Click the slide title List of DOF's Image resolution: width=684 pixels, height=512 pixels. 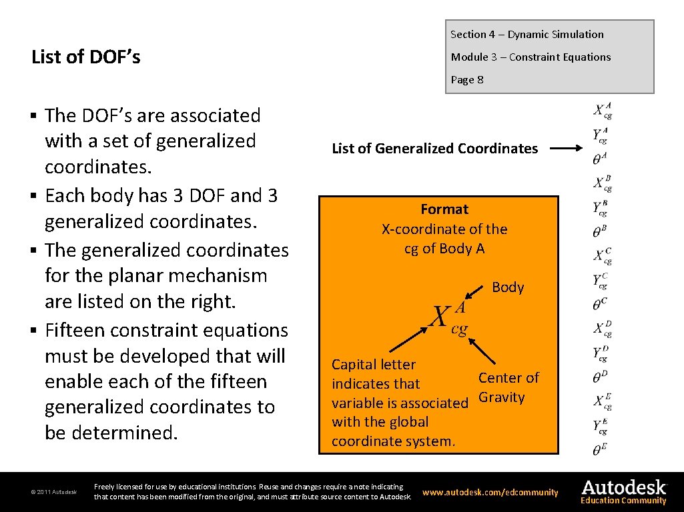pos(86,57)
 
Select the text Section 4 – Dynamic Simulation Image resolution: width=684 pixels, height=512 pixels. pos(527,35)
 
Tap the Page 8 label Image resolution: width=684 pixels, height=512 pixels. pos(467,80)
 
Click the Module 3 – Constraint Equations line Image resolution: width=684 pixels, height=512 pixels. pos(531,57)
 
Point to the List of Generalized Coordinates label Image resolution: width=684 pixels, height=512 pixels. pos(434,149)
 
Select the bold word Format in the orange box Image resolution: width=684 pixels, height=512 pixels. pos(444,209)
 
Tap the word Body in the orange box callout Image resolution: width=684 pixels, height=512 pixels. pos(508,287)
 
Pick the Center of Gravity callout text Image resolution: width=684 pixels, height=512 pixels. pos(508,387)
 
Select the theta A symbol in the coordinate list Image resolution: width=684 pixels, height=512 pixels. pos(599,158)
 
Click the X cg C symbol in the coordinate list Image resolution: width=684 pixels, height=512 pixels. pos(603,256)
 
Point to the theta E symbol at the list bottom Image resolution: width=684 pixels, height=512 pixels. pos(599,449)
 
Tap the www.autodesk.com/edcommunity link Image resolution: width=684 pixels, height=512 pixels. pos(490,493)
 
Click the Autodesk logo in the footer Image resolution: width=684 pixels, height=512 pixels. pos(623,487)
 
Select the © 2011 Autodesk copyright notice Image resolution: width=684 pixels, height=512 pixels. pos(53,493)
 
